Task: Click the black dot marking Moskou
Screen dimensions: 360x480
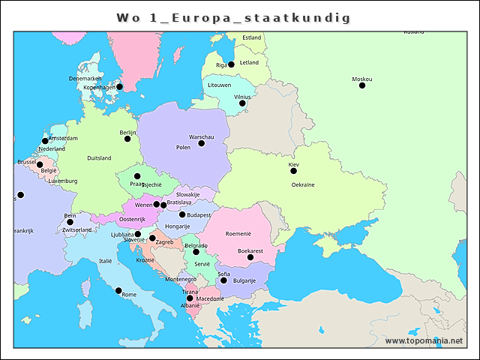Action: (362, 85)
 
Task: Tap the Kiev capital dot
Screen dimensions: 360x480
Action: (294, 170)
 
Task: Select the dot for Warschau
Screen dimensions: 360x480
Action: (201, 143)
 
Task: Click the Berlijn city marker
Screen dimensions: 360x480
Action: (127, 139)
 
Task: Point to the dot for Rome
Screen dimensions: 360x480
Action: (118, 290)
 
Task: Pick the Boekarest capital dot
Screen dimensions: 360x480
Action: (250, 257)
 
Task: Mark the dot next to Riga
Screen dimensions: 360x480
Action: (231, 64)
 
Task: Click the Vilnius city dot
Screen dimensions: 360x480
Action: (242, 103)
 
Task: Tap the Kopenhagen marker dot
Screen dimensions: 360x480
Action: (119, 87)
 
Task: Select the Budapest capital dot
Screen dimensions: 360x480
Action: (182, 214)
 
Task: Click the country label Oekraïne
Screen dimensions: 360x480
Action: (303, 184)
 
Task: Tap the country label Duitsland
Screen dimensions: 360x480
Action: (99, 158)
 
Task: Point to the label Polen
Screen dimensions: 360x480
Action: (183, 148)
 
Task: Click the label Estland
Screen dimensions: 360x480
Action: (252, 37)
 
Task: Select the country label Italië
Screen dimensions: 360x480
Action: (106, 260)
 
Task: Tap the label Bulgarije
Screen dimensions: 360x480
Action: (244, 280)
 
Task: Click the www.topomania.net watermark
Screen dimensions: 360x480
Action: (424, 341)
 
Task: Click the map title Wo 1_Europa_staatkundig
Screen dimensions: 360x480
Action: (233, 17)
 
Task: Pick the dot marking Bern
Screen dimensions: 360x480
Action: (70, 222)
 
